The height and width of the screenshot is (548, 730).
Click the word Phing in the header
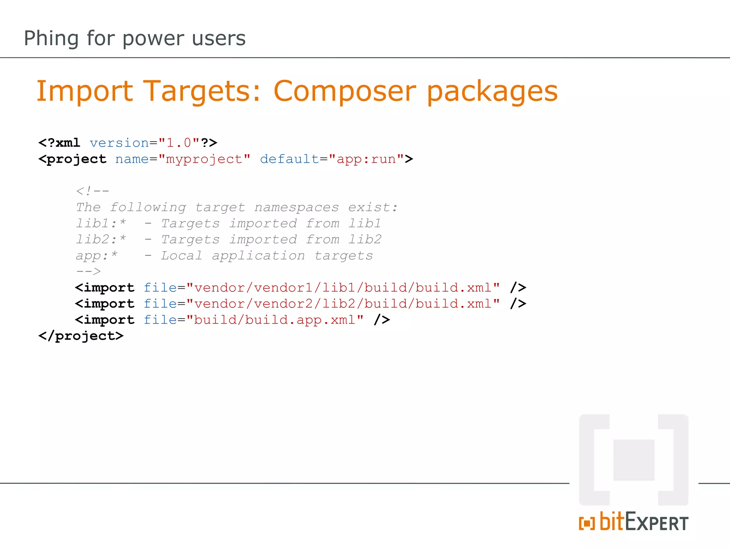coord(51,39)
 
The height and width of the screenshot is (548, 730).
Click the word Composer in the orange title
coord(344,91)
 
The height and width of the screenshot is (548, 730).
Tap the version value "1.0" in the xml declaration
coord(179,143)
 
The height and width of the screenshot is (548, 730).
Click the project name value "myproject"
coord(204,159)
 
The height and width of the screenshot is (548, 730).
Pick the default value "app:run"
coord(366,159)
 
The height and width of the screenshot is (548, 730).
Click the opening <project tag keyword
coord(73,159)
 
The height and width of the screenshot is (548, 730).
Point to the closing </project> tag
coord(81,336)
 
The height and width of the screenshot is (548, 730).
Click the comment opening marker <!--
coord(92,191)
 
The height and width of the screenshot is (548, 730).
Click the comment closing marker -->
coord(88,272)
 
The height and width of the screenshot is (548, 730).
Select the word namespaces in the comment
coord(296,207)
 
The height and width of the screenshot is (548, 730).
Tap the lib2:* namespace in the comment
coord(101,239)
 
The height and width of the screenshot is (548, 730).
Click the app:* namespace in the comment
coord(96,255)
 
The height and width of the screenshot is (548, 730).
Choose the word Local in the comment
coord(181,255)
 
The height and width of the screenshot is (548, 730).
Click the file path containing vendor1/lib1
coord(343,288)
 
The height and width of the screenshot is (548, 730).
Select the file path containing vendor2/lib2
coord(343,304)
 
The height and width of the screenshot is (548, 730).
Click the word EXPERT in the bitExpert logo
coord(657,523)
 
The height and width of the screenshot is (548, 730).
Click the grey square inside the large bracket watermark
coord(633,460)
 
